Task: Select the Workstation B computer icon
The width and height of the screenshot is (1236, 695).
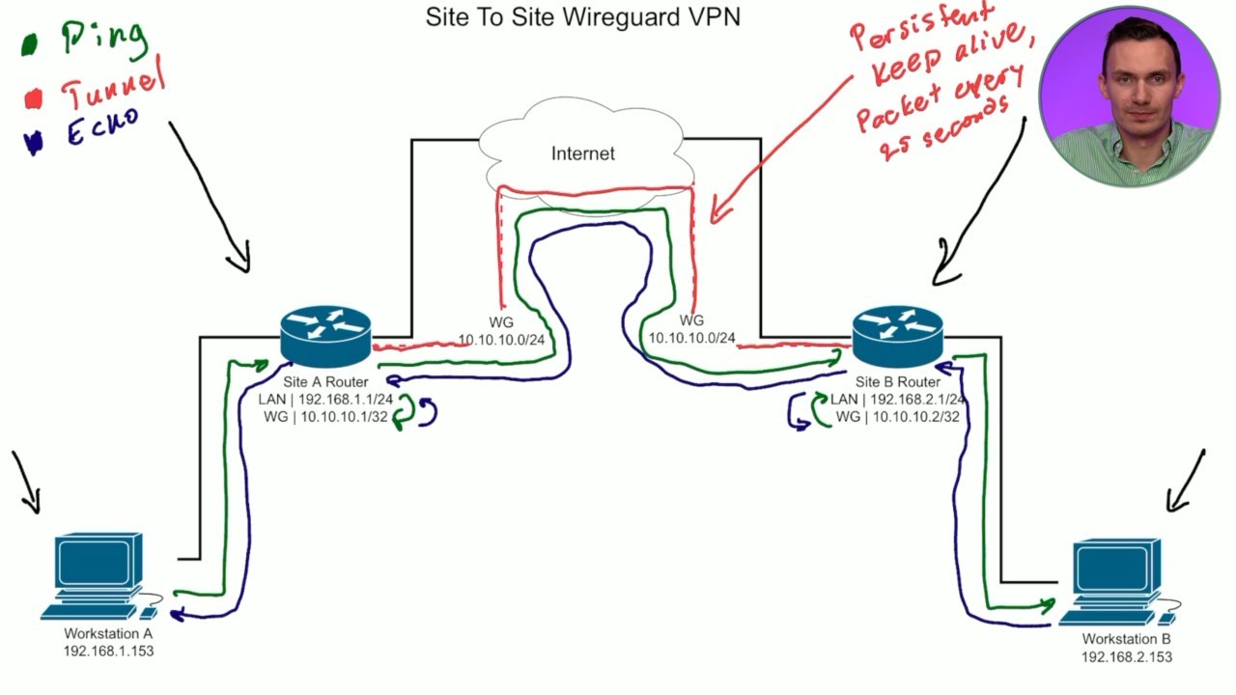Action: (1117, 581)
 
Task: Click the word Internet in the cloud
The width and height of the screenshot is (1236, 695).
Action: (582, 153)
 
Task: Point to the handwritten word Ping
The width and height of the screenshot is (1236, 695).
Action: (104, 37)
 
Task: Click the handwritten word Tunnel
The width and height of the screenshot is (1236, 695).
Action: (113, 86)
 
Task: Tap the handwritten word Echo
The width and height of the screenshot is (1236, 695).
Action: (102, 128)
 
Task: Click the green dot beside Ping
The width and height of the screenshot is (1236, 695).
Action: (30, 44)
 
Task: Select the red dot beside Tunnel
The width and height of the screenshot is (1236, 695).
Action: (34, 98)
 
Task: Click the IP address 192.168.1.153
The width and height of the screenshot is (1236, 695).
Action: (108, 651)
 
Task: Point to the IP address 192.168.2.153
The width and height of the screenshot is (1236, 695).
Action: (1126, 656)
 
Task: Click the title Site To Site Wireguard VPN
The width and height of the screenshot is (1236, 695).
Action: (582, 17)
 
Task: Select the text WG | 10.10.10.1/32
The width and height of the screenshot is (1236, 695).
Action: (325, 416)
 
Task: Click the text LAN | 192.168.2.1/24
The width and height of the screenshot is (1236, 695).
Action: (898, 399)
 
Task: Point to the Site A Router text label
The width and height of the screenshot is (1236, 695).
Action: (325, 381)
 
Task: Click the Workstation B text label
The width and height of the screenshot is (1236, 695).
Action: (1126, 639)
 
